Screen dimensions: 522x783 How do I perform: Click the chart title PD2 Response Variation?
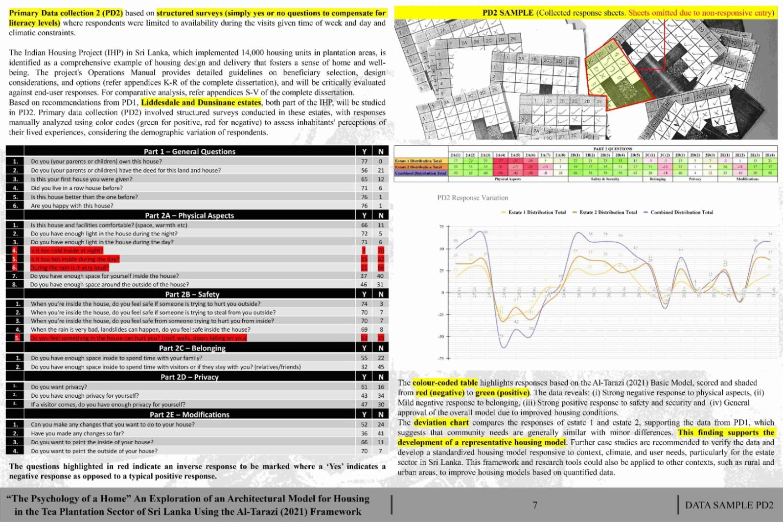tap(472, 198)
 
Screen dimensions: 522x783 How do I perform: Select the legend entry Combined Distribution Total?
tap(681, 212)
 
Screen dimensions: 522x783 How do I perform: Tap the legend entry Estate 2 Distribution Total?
tap(608, 212)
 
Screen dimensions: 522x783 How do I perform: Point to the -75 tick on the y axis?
tap(440, 359)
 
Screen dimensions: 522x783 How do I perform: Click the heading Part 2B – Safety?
tap(192, 294)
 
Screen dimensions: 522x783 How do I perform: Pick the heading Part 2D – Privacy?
tap(189, 377)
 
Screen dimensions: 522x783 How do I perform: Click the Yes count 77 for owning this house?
tap(364, 161)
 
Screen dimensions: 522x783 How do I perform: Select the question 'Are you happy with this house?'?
tap(72, 206)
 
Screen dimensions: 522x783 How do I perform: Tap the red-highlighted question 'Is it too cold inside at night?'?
tap(67, 250)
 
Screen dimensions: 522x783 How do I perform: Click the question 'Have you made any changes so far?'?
tap(77, 433)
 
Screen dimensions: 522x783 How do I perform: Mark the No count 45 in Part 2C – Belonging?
tap(380, 367)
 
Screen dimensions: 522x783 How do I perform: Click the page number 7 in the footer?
tap(535, 505)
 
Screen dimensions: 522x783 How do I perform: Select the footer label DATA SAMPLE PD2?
tap(729, 505)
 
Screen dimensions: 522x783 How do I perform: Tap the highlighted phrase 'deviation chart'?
tap(441, 423)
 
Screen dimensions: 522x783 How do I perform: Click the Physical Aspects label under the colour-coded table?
tap(507, 179)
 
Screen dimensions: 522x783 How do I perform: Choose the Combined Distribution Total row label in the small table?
tap(420, 173)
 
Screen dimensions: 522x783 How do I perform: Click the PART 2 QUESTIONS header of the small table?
tap(612, 149)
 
